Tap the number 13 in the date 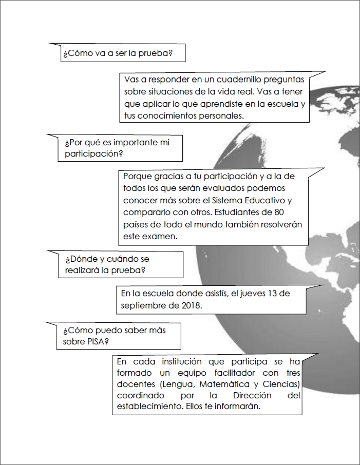[269, 294]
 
